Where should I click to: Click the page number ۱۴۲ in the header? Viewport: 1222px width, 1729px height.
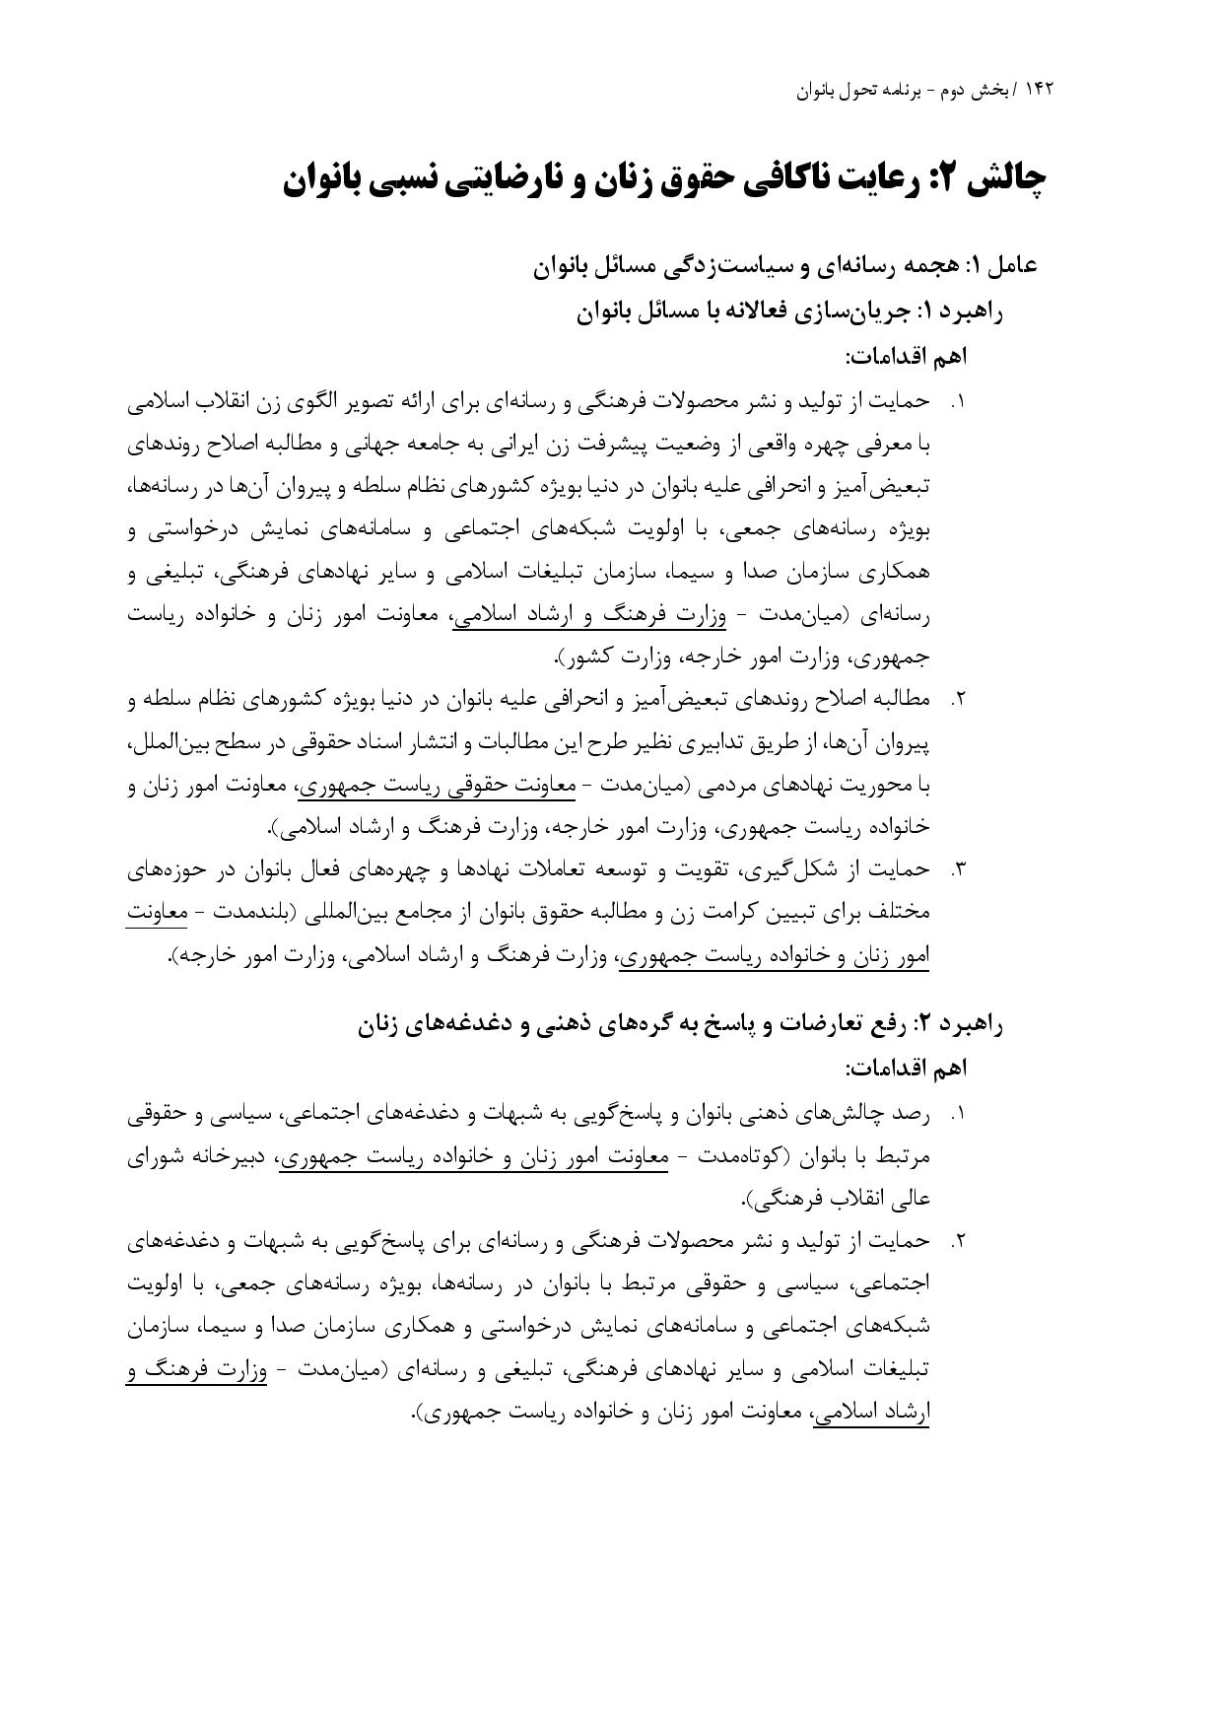pyautogui.click(x=1039, y=90)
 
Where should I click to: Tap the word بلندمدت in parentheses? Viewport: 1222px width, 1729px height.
pyautogui.click(x=258, y=913)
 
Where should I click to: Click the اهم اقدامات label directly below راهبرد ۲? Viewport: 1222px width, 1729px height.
pyautogui.click(x=906, y=1069)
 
